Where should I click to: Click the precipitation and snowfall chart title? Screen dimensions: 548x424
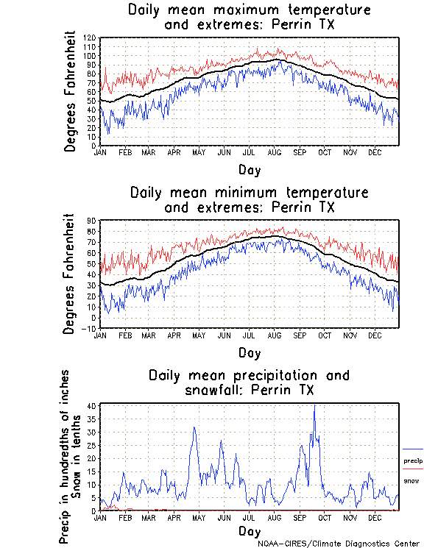[249, 382]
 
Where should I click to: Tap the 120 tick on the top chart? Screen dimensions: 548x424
[91, 38]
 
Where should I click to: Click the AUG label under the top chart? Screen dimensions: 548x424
[275, 152]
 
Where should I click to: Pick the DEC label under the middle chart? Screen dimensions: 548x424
[375, 335]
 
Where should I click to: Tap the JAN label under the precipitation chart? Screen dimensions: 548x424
[101, 517]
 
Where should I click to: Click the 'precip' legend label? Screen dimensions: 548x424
[413, 460]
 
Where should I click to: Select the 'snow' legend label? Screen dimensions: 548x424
[411, 480]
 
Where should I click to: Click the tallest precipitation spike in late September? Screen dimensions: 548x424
[314, 406]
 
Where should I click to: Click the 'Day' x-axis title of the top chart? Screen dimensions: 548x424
[249, 169]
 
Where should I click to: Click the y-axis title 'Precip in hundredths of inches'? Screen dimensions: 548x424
[65, 457]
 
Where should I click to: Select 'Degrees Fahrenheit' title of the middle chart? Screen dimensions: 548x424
[70, 274]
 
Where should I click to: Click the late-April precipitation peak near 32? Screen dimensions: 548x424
[194, 427]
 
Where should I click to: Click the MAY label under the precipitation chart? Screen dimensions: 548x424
[199, 517]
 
